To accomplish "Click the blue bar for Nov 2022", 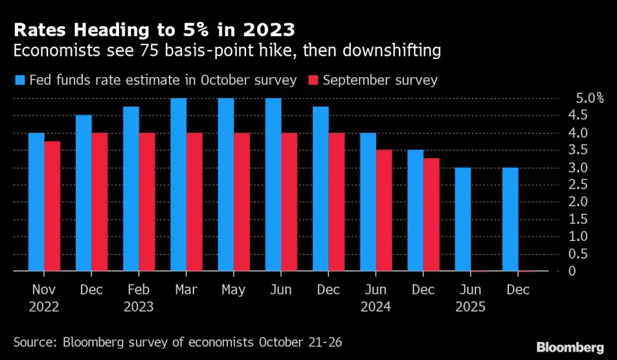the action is [x=36, y=202].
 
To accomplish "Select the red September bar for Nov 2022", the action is [x=52, y=206].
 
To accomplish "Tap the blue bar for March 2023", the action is [x=179, y=184].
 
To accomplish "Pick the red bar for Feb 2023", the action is [x=147, y=202].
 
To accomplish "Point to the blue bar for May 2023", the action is [x=226, y=184].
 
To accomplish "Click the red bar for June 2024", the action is [x=384, y=210].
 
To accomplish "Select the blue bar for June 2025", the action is [x=463, y=219].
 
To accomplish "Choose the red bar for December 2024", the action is [x=432, y=215].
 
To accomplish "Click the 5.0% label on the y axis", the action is [x=589, y=98].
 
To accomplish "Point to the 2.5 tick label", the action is [x=578, y=184].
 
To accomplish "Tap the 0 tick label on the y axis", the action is [x=572, y=271].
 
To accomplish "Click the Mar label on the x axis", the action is [x=186, y=289].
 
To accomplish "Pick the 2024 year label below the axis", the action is [x=376, y=307].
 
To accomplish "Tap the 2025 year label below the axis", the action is [x=470, y=307].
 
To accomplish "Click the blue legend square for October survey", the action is [x=20, y=80].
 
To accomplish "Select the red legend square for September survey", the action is [x=313, y=80].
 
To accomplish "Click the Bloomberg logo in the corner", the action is [x=570, y=347].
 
